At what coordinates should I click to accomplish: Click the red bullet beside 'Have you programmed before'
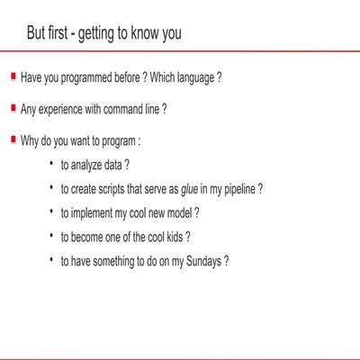[13, 76]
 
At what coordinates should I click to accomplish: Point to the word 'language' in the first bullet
[192, 77]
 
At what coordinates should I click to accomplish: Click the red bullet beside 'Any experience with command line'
[13, 108]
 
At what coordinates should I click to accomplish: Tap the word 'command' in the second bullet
[124, 109]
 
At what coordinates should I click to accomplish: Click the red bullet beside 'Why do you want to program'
[13, 139]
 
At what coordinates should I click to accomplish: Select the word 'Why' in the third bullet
[29, 140]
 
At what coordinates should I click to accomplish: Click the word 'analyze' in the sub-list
[89, 166]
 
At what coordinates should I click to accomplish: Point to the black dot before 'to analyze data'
[52, 164]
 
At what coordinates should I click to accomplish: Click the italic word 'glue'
[187, 190]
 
